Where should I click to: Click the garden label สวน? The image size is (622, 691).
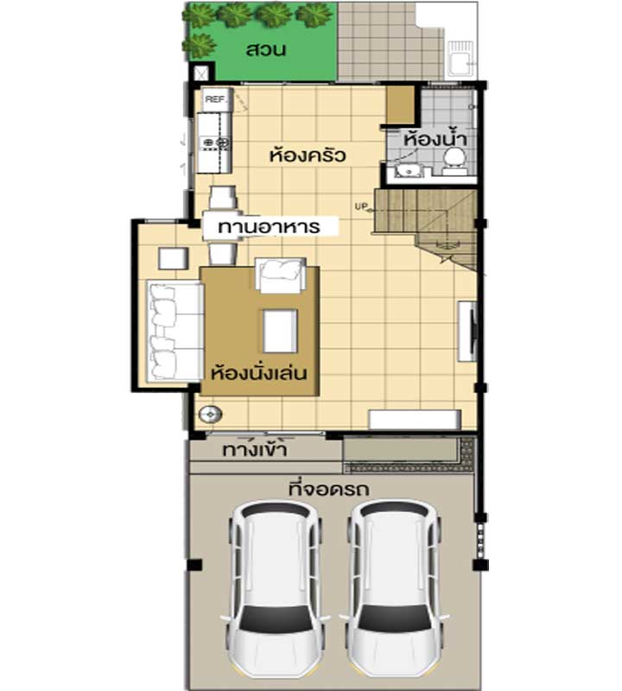[x=266, y=49]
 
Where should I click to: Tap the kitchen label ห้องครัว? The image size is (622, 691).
[x=308, y=155]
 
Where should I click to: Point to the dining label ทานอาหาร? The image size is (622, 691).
[x=269, y=227]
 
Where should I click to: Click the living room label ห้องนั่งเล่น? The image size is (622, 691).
[x=259, y=372]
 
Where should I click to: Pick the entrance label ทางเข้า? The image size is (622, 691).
[x=255, y=448]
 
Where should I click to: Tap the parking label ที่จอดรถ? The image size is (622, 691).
[x=328, y=489]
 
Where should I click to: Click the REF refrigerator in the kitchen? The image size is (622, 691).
[x=216, y=99]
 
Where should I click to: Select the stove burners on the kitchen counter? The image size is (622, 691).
[x=216, y=143]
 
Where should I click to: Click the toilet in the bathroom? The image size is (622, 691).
[x=455, y=161]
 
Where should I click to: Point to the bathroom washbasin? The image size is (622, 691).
[x=409, y=170]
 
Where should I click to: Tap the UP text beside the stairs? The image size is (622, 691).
[x=361, y=206]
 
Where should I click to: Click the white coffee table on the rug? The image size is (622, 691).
[x=281, y=331]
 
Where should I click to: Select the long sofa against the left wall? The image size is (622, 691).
[x=175, y=332]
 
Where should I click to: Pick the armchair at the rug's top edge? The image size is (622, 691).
[x=281, y=275]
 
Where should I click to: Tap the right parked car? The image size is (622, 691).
[x=395, y=591]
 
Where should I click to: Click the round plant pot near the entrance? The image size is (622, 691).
[x=210, y=415]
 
